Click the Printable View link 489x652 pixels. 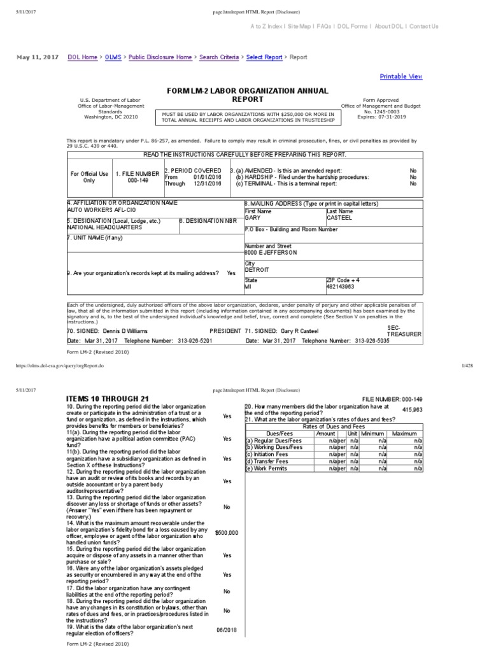(400, 76)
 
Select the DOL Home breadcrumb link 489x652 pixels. (82, 57)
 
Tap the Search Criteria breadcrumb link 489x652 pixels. (219, 57)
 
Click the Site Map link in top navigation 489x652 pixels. (299, 26)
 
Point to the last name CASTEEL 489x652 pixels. (339, 217)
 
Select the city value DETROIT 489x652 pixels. (257, 270)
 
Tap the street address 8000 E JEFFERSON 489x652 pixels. (271, 253)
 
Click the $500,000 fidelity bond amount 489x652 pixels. (227, 532)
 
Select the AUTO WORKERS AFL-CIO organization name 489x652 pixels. (96, 210)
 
